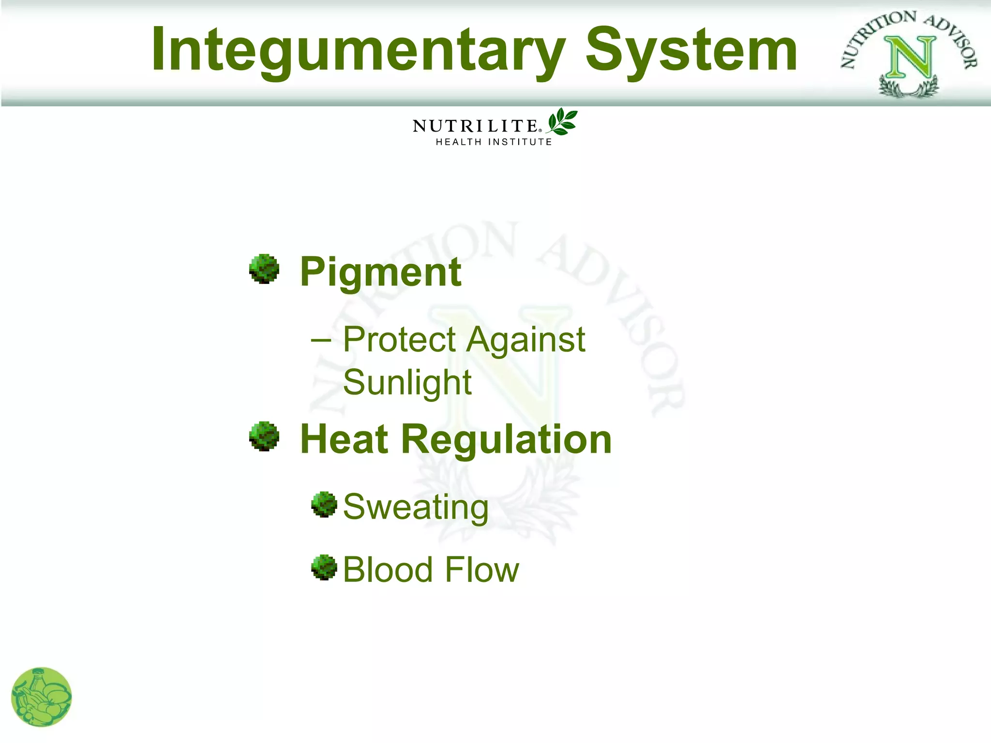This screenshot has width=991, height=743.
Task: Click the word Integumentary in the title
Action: (x=358, y=51)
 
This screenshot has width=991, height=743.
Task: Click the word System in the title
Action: (x=691, y=51)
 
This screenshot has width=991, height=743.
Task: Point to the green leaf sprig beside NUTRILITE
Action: (x=562, y=122)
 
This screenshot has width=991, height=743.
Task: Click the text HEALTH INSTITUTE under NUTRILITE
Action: (x=494, y=142)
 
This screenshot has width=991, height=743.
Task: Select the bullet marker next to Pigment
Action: (x=264, y=269)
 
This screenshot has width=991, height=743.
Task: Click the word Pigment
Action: (x=380, y=272)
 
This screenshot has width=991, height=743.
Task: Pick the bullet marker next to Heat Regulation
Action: (x=264, y=436)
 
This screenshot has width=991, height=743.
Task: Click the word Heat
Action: (x=344, y=439)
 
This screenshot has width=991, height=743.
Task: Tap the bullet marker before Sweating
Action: (x=324, y=505)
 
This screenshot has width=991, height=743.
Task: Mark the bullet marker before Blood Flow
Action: (x=324, y=567)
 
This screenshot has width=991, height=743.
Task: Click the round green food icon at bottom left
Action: (x=42, y=697)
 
